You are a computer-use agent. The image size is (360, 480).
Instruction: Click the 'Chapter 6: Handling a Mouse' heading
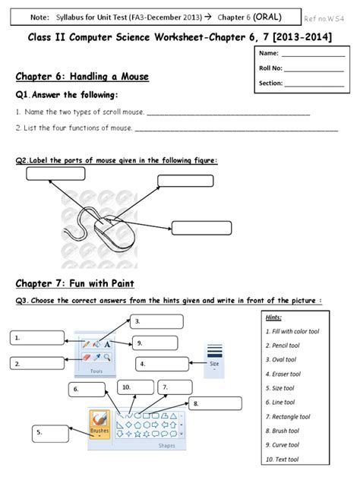[x=82, y=77]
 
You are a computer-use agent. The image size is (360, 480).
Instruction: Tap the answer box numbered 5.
[x=52, y=434]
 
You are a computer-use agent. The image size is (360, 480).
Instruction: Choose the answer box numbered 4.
[x=162, y=365]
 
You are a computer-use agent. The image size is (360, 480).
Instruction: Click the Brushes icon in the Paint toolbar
[x=99, y=422]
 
